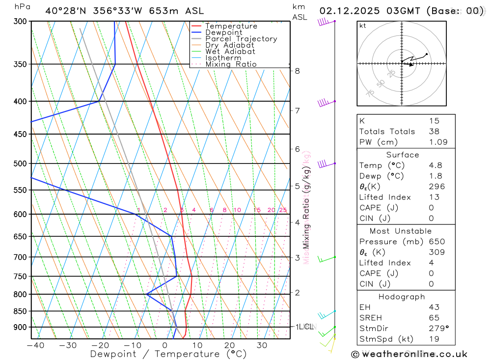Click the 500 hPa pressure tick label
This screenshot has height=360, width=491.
(x=20, y=163)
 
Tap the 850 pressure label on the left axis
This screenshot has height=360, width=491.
(x=20, y=311)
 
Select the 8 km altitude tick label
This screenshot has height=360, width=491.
(x=298, y=71)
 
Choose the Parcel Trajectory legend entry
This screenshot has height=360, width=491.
(x=241, y=39)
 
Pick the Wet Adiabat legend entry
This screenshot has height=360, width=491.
(x=230, y=52)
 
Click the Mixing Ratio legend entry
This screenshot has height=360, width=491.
(x=231, y=64)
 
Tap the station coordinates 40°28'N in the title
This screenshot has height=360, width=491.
(x=64, y=10)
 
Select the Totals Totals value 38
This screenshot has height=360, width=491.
(x=434, y=131)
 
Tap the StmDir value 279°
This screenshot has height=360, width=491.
(x=438, y=328)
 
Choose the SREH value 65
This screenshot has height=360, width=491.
(x=434, y=318)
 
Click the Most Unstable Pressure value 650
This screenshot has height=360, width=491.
(x=436, y=242)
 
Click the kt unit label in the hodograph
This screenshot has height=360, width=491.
(x=363, y=26)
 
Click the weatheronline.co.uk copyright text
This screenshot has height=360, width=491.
(x=409, y=354)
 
